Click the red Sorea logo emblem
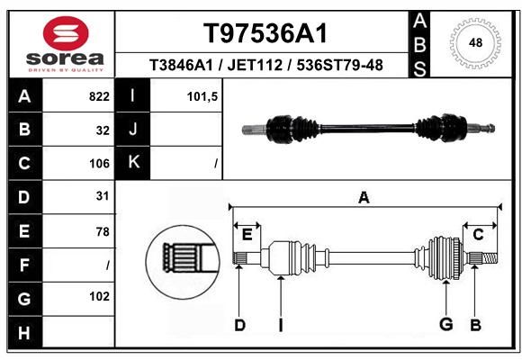[66, 33]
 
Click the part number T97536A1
[265, 33]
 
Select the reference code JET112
[255, 65]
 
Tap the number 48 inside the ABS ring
[475, 43]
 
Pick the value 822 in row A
[99, 96]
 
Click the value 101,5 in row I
[202, 97]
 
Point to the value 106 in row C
[99, 164]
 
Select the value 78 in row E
[103, 231]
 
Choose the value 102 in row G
[99, 296]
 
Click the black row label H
[24, 333]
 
